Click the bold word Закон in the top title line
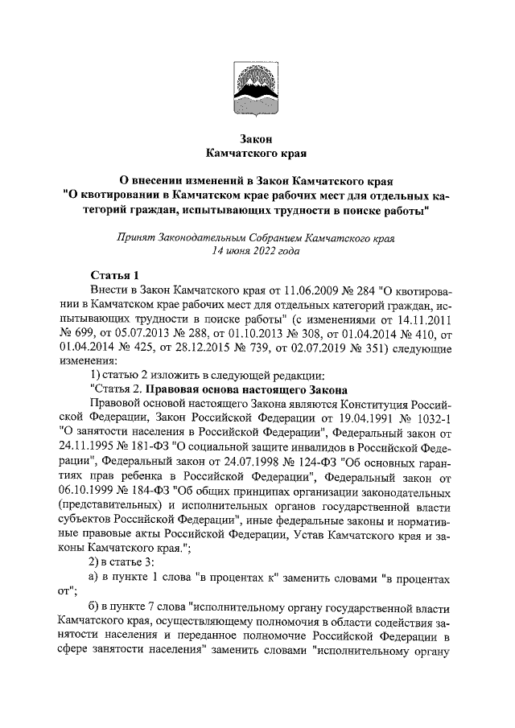(x=257, y=138)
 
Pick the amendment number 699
(x=81, y=335)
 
